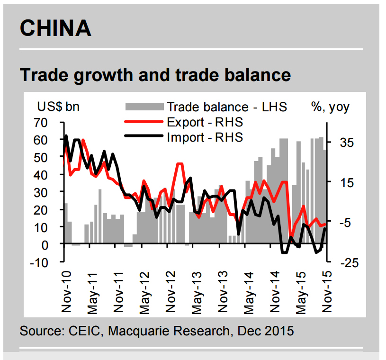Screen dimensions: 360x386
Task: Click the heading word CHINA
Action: point(55,28)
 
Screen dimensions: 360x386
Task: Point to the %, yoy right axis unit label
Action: point(330,107)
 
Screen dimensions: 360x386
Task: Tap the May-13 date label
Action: point(196,292)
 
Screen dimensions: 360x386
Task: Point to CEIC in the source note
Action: point(78,331)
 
